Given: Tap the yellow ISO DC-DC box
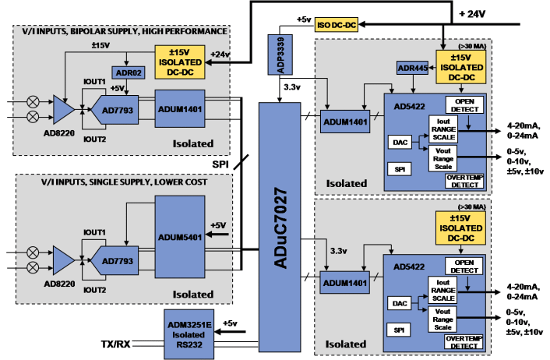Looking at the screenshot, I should [x=337, y=24].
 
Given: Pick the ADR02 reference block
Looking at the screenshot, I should [x=126, y=73].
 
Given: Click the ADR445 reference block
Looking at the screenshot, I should [x=413, y=68].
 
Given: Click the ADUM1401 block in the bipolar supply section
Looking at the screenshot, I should [x=179, y=109].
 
